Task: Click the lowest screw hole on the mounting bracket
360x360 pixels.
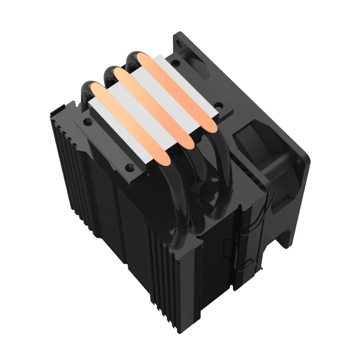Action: [128, 167]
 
